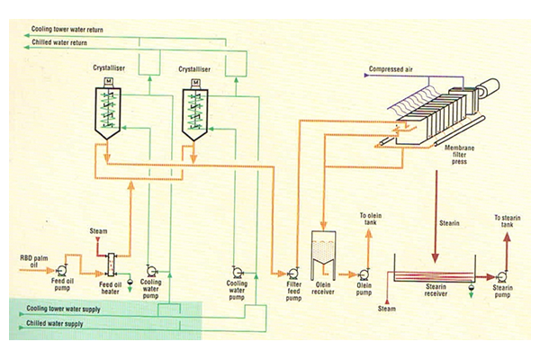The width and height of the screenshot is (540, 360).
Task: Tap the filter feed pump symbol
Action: [x=292, y=273]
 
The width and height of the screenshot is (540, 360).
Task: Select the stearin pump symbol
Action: [x=500, y=274]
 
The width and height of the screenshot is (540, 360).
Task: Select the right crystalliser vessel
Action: [x=200, y=112]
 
